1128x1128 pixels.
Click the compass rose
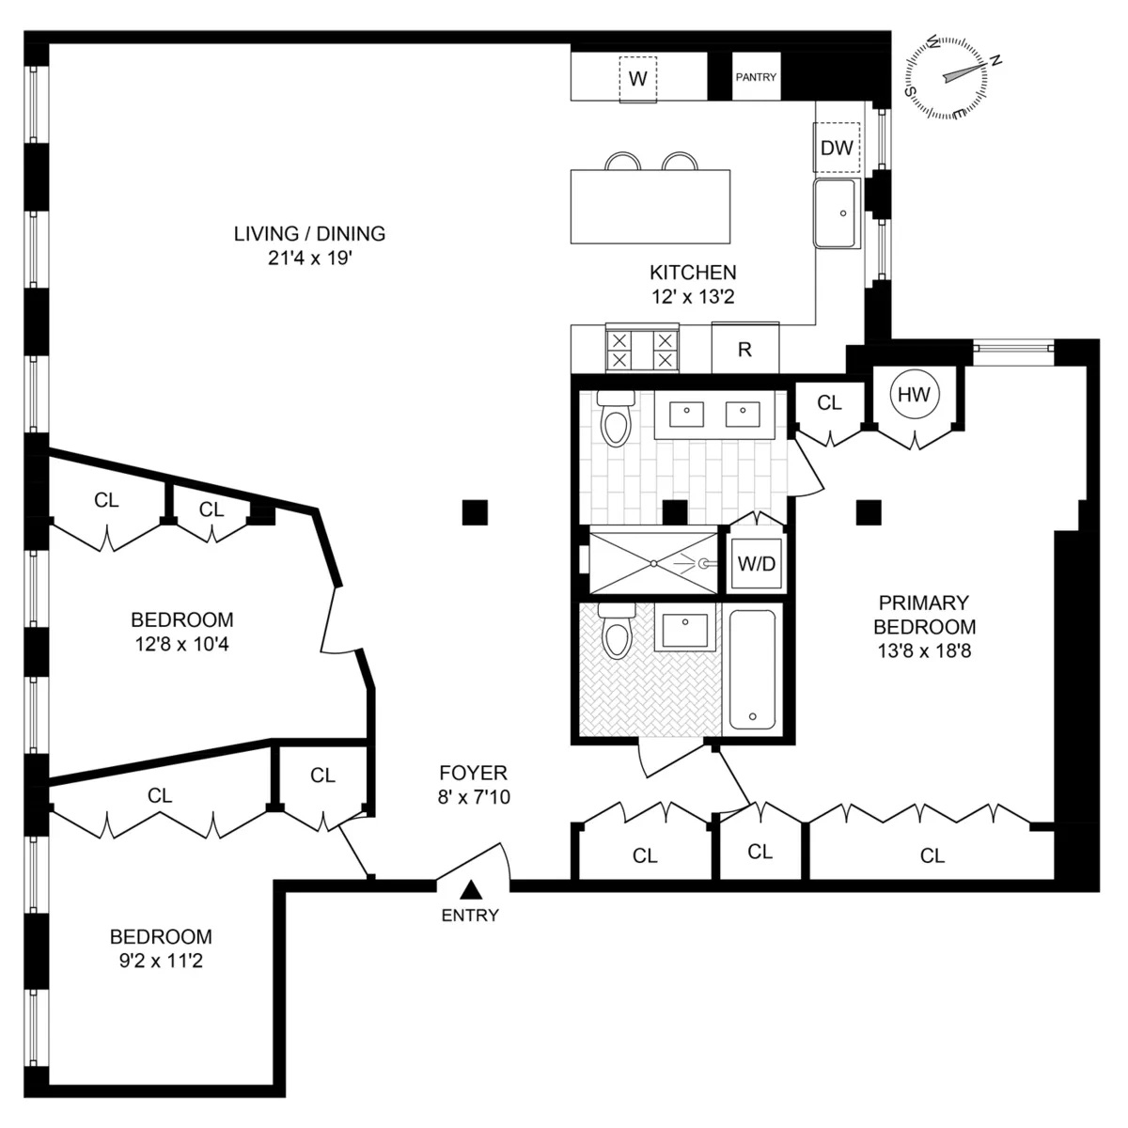point(946,78)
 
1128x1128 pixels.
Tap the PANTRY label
point(756,77)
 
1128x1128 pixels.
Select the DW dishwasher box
point(837,148)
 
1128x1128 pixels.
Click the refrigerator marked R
point(744,349)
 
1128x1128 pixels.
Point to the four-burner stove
point(642,350)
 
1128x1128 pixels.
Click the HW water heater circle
point(914,395)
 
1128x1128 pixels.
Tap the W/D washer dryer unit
point(756,564)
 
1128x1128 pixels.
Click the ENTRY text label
point(470,916)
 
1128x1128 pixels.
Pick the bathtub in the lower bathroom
point(753,669)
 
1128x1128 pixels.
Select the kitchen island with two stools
point(650,205)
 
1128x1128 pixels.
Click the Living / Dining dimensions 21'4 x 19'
point(309,258)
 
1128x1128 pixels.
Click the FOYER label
point(473,773)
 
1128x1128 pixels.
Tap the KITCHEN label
point(693,273)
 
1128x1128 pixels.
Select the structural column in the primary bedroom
point(869,511)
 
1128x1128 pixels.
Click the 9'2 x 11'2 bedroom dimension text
point(161,961)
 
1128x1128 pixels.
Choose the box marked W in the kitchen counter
point(637,79)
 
